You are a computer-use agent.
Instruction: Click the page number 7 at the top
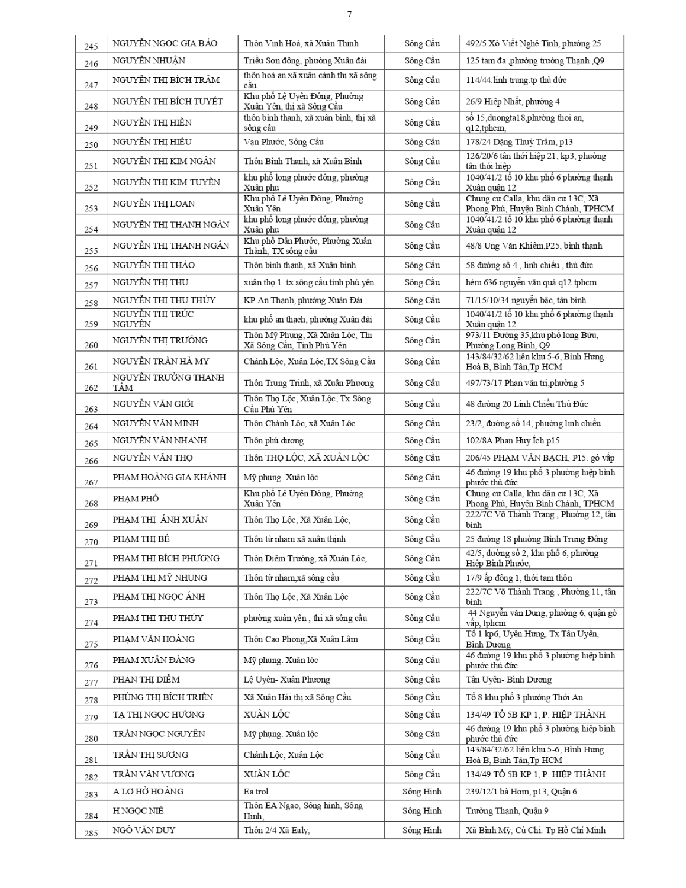[x=349, y=14]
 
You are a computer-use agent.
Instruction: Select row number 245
[x=91, y=46]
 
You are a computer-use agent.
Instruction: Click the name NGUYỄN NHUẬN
[x=149, y=60]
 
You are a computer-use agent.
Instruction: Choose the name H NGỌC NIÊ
[x=138, y=810]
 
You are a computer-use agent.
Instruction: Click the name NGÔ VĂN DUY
[x=144, y=830]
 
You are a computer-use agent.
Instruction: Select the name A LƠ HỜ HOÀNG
[x=148, y=792]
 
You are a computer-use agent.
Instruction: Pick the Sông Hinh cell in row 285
[x=421, y=830]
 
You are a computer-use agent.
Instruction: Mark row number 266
[x=91, y=461]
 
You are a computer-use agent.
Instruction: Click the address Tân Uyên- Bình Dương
[x=508, y=680]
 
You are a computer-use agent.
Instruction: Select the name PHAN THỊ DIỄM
[x=146, y=680]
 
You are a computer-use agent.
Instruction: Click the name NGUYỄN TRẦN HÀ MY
[x=161, y=362]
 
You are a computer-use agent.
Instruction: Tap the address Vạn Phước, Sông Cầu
[x=284, y=142]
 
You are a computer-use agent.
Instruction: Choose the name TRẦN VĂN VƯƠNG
[x=153, y=774]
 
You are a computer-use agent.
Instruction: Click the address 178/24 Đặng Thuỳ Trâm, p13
[x=519, y=142]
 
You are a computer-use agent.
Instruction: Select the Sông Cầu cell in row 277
[x=422, y=680]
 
